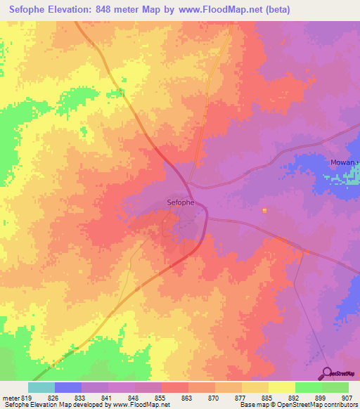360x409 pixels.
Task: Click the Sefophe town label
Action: pyautogui.click(x=181, y=202)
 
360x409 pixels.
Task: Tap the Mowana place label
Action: pyautogui.click(x=345, y=162)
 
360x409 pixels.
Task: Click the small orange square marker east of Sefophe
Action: pyautogui.click(x=264, y=209)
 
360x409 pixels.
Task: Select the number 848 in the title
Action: pyautogui.click(x=113, y=10)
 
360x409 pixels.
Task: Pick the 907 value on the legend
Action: pyautogui.click(x=348, y=397)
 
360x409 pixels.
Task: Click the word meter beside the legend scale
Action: pyautogui.click(x=11, y=397)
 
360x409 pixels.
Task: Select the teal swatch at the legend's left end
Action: pyautogui.click(x=41, y=387)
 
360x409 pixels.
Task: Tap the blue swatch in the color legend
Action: pyautogui.click(x=67, y=387)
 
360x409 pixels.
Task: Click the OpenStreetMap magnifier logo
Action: pyautogui.click(x=327, y=373)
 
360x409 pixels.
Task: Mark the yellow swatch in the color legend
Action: pyautogui.click(x=281, y=387)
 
